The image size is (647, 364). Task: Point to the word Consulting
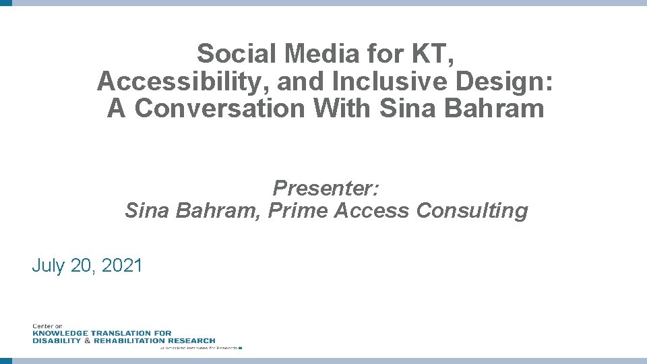472,211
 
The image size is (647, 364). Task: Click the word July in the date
49,266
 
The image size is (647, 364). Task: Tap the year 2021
122,266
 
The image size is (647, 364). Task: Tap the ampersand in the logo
86,340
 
